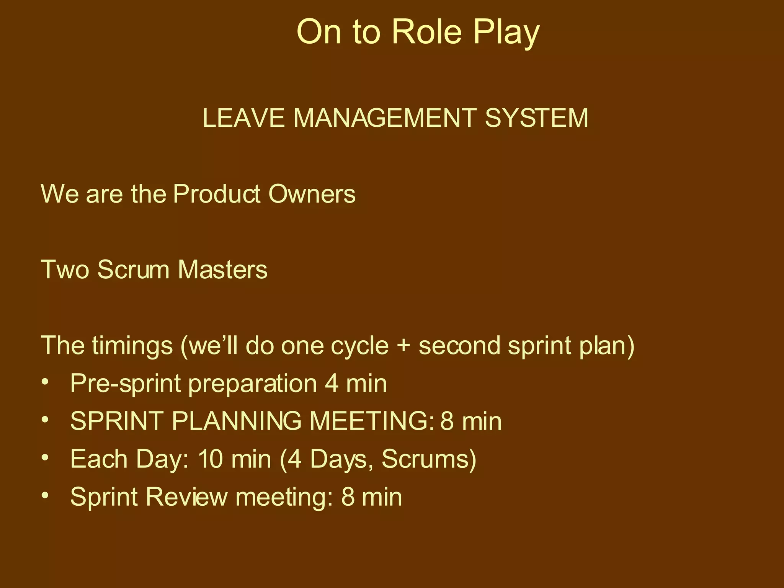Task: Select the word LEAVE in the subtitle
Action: tap(243, 118)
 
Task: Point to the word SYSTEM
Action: tap(536, 118)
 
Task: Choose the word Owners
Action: tap(312, 194)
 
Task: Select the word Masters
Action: tap(222, 269)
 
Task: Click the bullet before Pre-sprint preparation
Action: tap(46, 382)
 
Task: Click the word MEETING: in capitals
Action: tap(372, 421)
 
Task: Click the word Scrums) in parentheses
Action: tap(429, 459)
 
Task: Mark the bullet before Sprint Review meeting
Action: tap(46, 495)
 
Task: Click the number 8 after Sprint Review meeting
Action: tap(348, 497)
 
